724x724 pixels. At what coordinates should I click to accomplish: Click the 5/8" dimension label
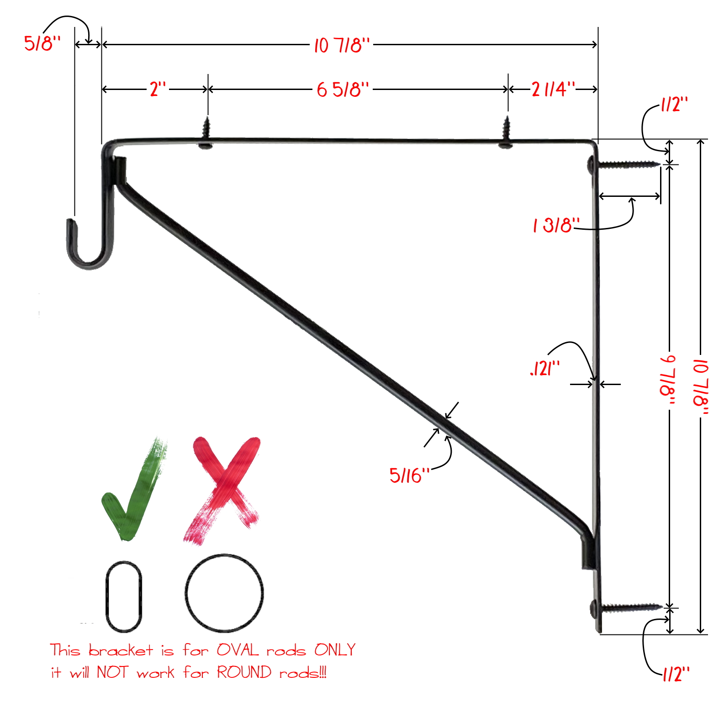click(42, 43)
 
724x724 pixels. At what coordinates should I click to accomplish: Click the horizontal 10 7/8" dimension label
click(342, 45)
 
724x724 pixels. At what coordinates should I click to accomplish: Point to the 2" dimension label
click(158, 89)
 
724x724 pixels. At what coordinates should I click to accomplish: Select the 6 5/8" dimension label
click(343, 90)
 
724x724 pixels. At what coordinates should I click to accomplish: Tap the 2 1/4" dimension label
click(553, 89)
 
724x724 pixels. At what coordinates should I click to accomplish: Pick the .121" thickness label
click(545, 368)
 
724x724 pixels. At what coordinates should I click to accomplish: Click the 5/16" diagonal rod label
click(409, 476)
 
